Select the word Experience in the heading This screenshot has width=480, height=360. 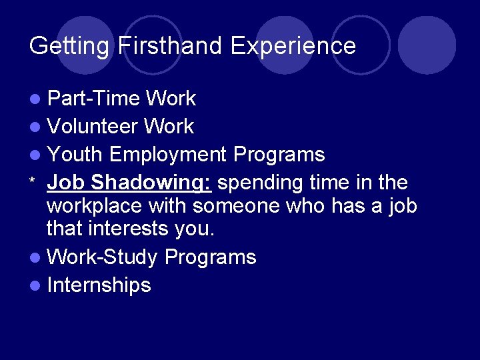pos(293,46)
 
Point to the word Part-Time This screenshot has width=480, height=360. pos(94,99)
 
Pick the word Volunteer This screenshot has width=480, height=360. pos(93,127)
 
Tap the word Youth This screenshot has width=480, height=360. pos(75,155)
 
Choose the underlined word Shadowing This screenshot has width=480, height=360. pos(151,182)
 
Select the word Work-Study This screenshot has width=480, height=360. pos(103,257)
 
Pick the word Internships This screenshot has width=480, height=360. pos(99,285)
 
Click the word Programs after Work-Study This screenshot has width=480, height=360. pos(210,257)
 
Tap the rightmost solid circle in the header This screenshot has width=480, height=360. pos(427,45)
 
